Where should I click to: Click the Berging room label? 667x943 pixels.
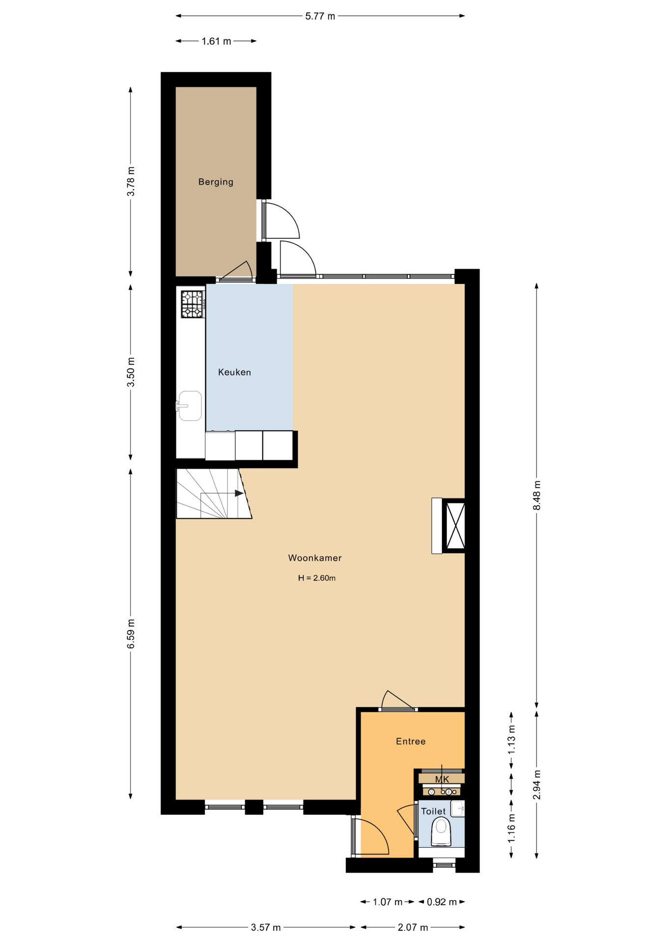(x=216, y=182)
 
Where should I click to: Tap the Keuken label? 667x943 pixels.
(x=234, y=372)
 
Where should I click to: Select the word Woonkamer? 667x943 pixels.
(x=315, y=558)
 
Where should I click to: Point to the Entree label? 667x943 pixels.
(x=411, y=741)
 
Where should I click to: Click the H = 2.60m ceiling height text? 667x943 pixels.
(x=317, y=578)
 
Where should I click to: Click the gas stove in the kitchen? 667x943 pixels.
(x=193, y=305)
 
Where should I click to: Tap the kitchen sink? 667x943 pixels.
(x=190, y=406)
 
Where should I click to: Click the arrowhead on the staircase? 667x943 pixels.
(x=239, y=493)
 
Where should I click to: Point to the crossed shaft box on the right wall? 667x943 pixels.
(x=455, y=526)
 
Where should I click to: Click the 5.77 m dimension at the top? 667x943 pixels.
(x=320, y=16)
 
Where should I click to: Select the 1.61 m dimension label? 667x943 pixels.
(x=216, y=41)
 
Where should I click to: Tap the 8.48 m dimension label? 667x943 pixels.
(x=537, y=495)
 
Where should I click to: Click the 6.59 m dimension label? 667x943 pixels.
(x=131, y=634)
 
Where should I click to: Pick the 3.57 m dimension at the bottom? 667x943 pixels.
(x=266, y=927)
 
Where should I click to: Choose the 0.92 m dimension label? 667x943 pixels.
(x=442, y=902)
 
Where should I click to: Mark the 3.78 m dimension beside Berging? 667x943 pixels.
(x=131, y=181)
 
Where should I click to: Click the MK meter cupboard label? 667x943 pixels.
(x=442, y=779)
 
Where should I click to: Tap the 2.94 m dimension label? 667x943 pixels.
(x=537, y=785)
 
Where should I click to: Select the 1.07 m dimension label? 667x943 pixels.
(x=388, y=902)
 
